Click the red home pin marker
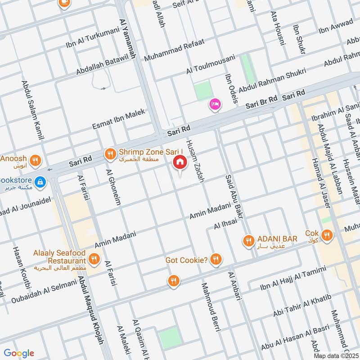(x=180, y=162)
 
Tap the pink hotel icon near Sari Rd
(x=215, y=104)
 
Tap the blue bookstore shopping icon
(x=40, y=181)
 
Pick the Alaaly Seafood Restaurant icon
(x=94, y=258)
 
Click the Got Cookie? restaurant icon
(x=216, y=259)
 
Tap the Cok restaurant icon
(x=327, y=234)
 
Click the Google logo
(x=19, y=353)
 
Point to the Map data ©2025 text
(x=335, y=355)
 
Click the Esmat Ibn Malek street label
(x=119, y=119)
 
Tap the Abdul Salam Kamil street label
(x=32, y=110)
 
